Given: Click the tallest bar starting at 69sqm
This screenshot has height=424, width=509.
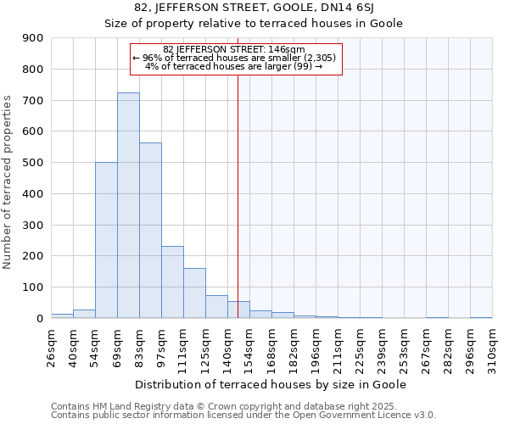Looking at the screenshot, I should point(128,205).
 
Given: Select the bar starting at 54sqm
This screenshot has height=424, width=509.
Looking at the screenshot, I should point(106,240).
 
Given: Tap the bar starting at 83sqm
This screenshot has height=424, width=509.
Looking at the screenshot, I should point(150,230).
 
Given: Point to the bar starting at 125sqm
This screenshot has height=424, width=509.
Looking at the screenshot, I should point(216,306).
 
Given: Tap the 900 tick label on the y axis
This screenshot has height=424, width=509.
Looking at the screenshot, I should point(33,38).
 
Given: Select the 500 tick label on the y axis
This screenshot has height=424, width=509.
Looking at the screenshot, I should point(33,163).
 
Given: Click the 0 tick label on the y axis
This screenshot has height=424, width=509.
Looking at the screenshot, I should point(39,318).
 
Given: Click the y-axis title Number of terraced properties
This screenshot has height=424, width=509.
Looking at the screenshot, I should point(8,182).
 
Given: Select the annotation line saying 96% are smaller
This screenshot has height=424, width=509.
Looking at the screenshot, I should point(235,58).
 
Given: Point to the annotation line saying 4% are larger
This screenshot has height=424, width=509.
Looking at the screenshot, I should point(235,66).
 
